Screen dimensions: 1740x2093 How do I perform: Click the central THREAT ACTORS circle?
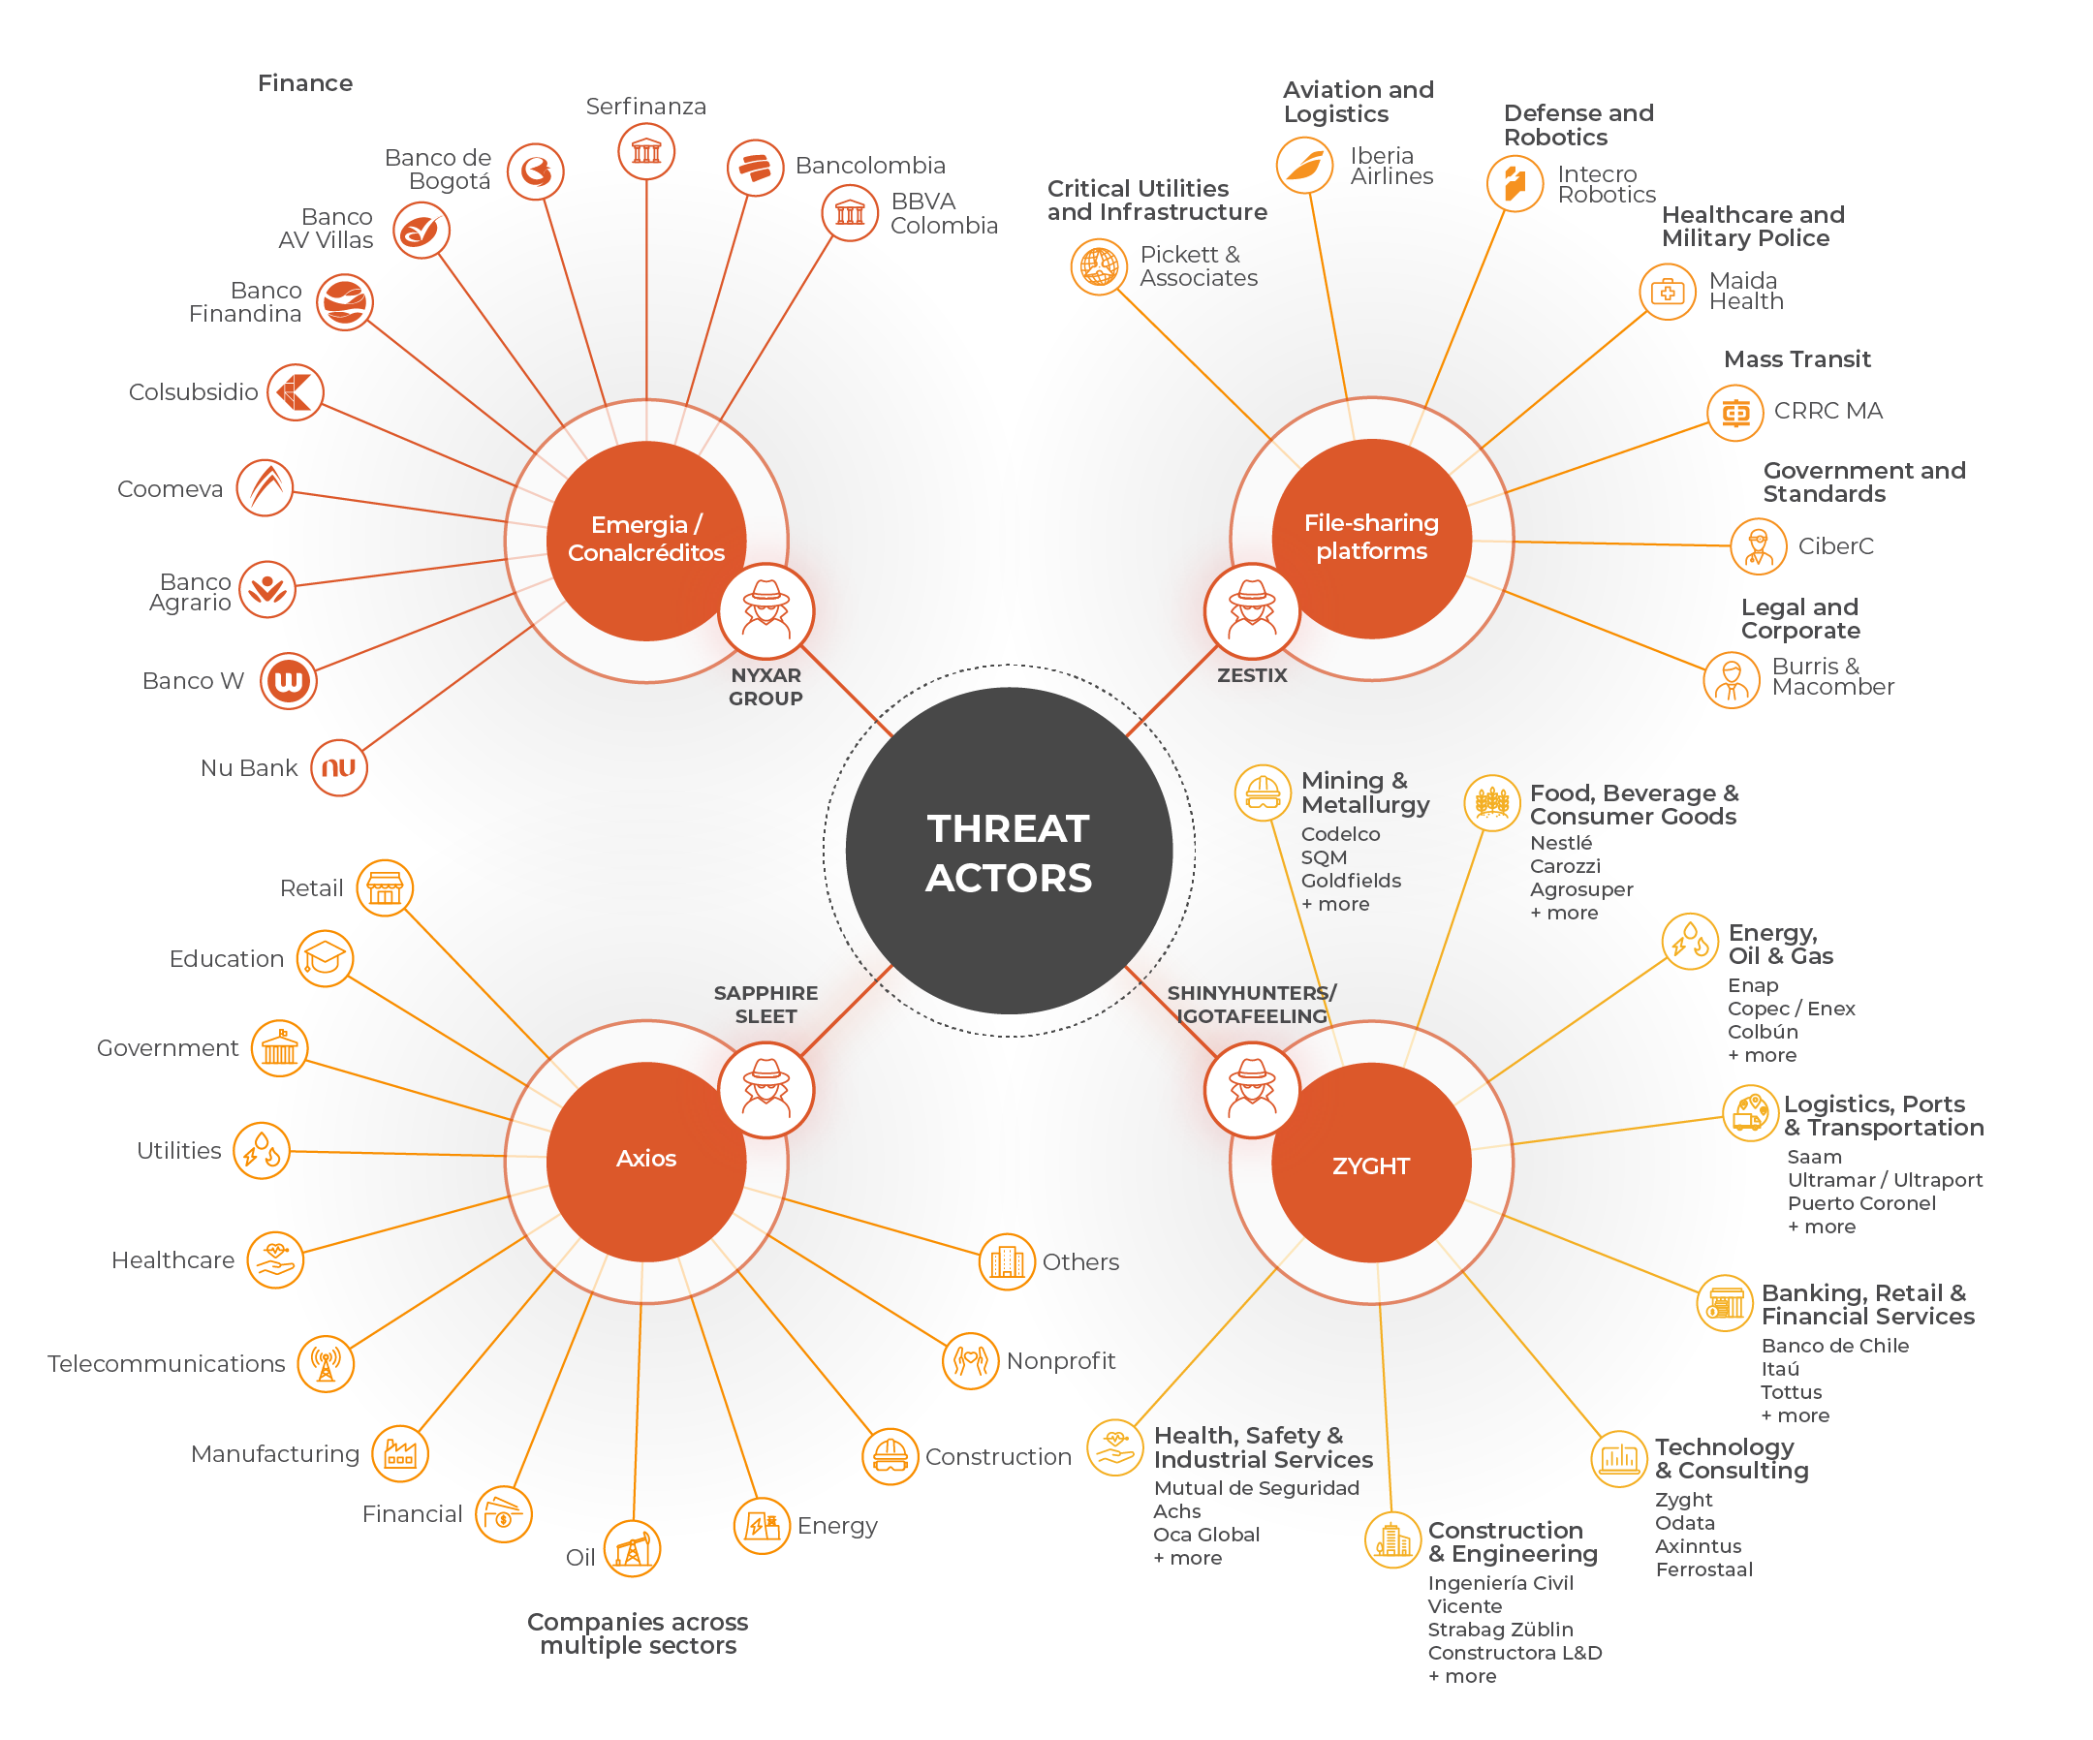(x=1009, y=851)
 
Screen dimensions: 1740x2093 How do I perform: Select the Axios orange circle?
(x=646, y=1161)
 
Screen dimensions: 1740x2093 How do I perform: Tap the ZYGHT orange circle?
(x=1370, y=1164)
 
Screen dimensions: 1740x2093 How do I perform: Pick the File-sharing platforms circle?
(x=1370, y=537)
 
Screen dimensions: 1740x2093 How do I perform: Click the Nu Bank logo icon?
(x=339, y=767)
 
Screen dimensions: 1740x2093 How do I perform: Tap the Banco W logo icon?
(x=288, y=681)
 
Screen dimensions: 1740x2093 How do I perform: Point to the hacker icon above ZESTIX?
(x=1252, y=610)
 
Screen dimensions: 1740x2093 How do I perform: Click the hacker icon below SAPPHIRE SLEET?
(x=765, y=1089)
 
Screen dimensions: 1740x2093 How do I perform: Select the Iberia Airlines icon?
(x=1304, y=166)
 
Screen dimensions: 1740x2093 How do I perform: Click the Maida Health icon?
(x=1668, y=292)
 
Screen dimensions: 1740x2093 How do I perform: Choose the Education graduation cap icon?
(x=325, y=959)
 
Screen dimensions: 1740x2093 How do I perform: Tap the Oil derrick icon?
(x=632, y=1549)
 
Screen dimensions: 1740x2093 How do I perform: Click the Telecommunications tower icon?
(x=326, y=1363)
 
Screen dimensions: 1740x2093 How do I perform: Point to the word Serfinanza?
(x=646, y=107)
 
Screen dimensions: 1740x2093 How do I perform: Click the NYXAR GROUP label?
(x=765, y=687)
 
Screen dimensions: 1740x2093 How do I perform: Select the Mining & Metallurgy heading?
(x=1364, y=792)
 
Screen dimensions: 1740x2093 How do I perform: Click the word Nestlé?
(x=1561, y=843)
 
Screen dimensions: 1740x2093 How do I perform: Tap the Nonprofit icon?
(x=970, y=1360)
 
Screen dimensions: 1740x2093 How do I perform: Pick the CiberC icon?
(x=1758, y=546)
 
